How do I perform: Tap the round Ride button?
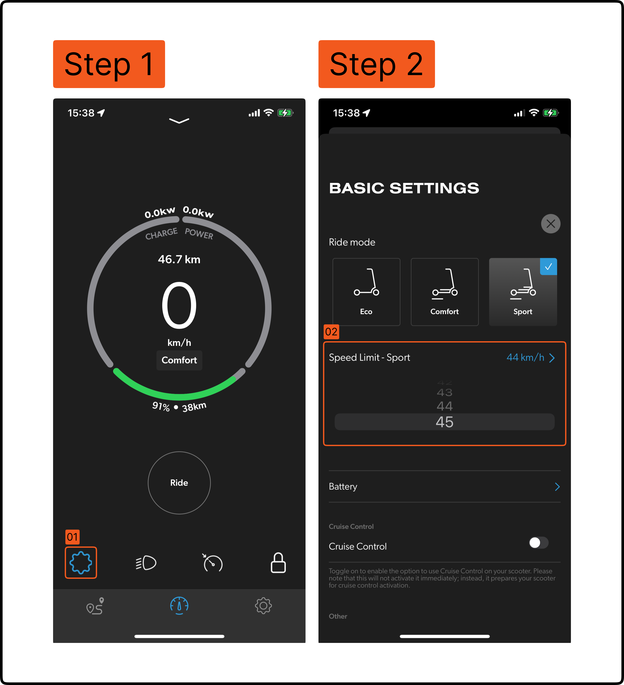[179, 483]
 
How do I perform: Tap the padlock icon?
[278, 562]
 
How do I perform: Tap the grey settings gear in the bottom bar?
[263, 606]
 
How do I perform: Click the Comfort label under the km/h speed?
[179, 360]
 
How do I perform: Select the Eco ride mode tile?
[366, 292]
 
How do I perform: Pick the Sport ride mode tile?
[523, 292]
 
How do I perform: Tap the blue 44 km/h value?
[525, 357]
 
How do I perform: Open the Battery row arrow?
[557, 487]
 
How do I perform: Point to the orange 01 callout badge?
[72, 537]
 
